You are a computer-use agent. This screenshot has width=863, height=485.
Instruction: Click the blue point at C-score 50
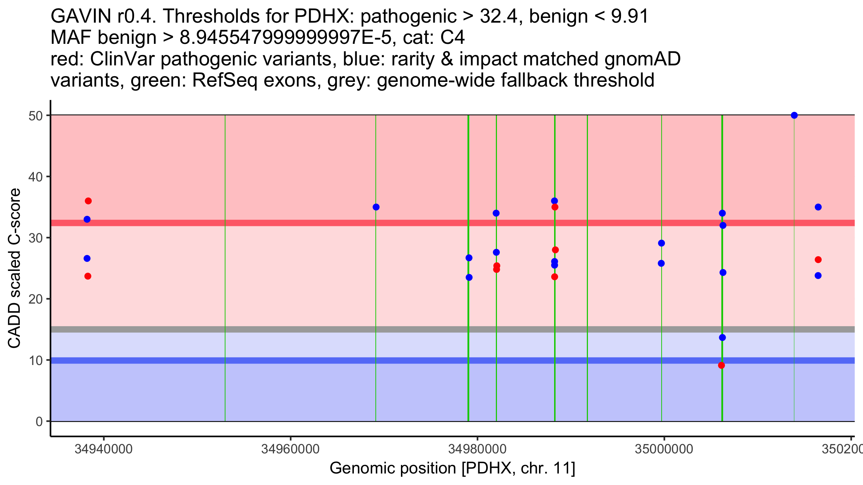(794, 115)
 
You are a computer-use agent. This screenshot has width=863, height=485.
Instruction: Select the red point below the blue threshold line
(721, 365)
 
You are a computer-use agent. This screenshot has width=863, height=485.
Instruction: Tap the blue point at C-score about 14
(722, 338)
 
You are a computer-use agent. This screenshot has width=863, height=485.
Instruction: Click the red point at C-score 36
(88, 201)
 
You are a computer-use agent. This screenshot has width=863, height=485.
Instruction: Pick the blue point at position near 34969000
(376, 207)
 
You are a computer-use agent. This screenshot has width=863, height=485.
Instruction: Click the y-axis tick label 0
(39, 421)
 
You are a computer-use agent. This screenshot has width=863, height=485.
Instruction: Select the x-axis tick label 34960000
(291, 449)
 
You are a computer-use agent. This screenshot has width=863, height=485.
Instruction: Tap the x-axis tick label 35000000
(664, 449)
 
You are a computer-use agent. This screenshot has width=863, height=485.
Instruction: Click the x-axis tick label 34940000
(104, 449)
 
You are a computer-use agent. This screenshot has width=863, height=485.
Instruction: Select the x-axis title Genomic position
(452, 468)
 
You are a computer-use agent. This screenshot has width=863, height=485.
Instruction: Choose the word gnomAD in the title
(643, 59)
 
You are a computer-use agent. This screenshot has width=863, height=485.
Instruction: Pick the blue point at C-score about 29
(661, 243)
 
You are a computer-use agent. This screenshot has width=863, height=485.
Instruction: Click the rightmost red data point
(818, 260)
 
